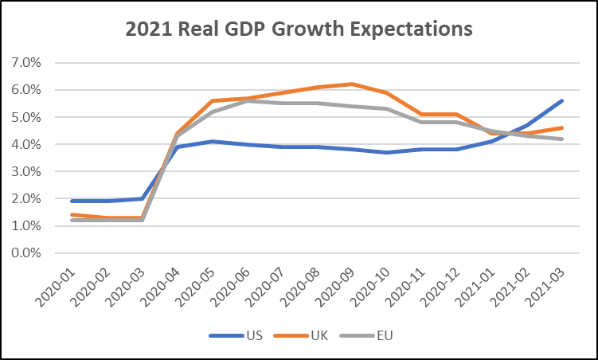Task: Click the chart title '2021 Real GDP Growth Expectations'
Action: click(299, 29)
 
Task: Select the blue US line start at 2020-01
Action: click(72, 201)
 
